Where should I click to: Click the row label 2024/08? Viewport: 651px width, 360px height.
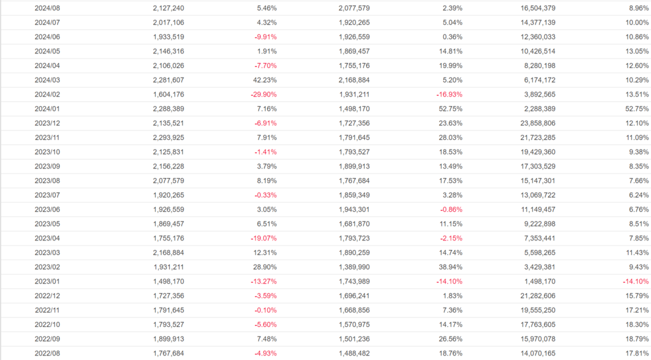tap(47, 8)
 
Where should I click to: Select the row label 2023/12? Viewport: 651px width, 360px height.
tap(47, 123)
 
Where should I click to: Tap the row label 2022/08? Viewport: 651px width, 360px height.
tap(47, 353)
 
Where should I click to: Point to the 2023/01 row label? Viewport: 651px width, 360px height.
tap(47, 281)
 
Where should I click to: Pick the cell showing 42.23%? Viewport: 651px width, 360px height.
tap(263, 80)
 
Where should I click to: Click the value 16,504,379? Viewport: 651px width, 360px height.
tap(533, 8)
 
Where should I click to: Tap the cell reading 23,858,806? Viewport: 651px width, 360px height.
tap(533, 123)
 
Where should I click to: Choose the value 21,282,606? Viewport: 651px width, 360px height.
tap(533, 296)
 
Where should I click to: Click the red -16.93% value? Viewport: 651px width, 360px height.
tap(448, 95)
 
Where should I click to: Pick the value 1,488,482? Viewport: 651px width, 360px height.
tap(349, 353)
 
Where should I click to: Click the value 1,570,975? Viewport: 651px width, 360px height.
tap(349, 324)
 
